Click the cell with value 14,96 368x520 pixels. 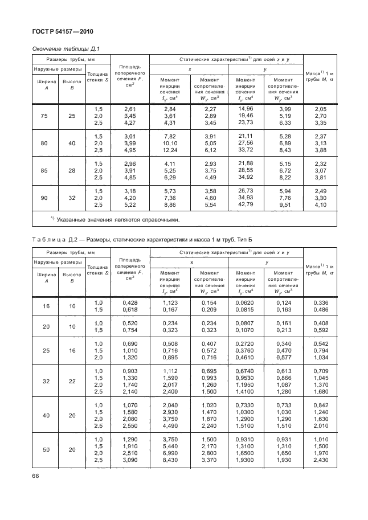(x=246, y=108)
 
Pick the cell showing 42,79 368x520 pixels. (x=246, y=204)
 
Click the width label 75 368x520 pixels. (x=43, y=116)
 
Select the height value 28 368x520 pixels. (x=72, y=170)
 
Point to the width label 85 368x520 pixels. (x=43, y=170)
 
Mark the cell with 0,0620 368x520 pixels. (x=246, y=302)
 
